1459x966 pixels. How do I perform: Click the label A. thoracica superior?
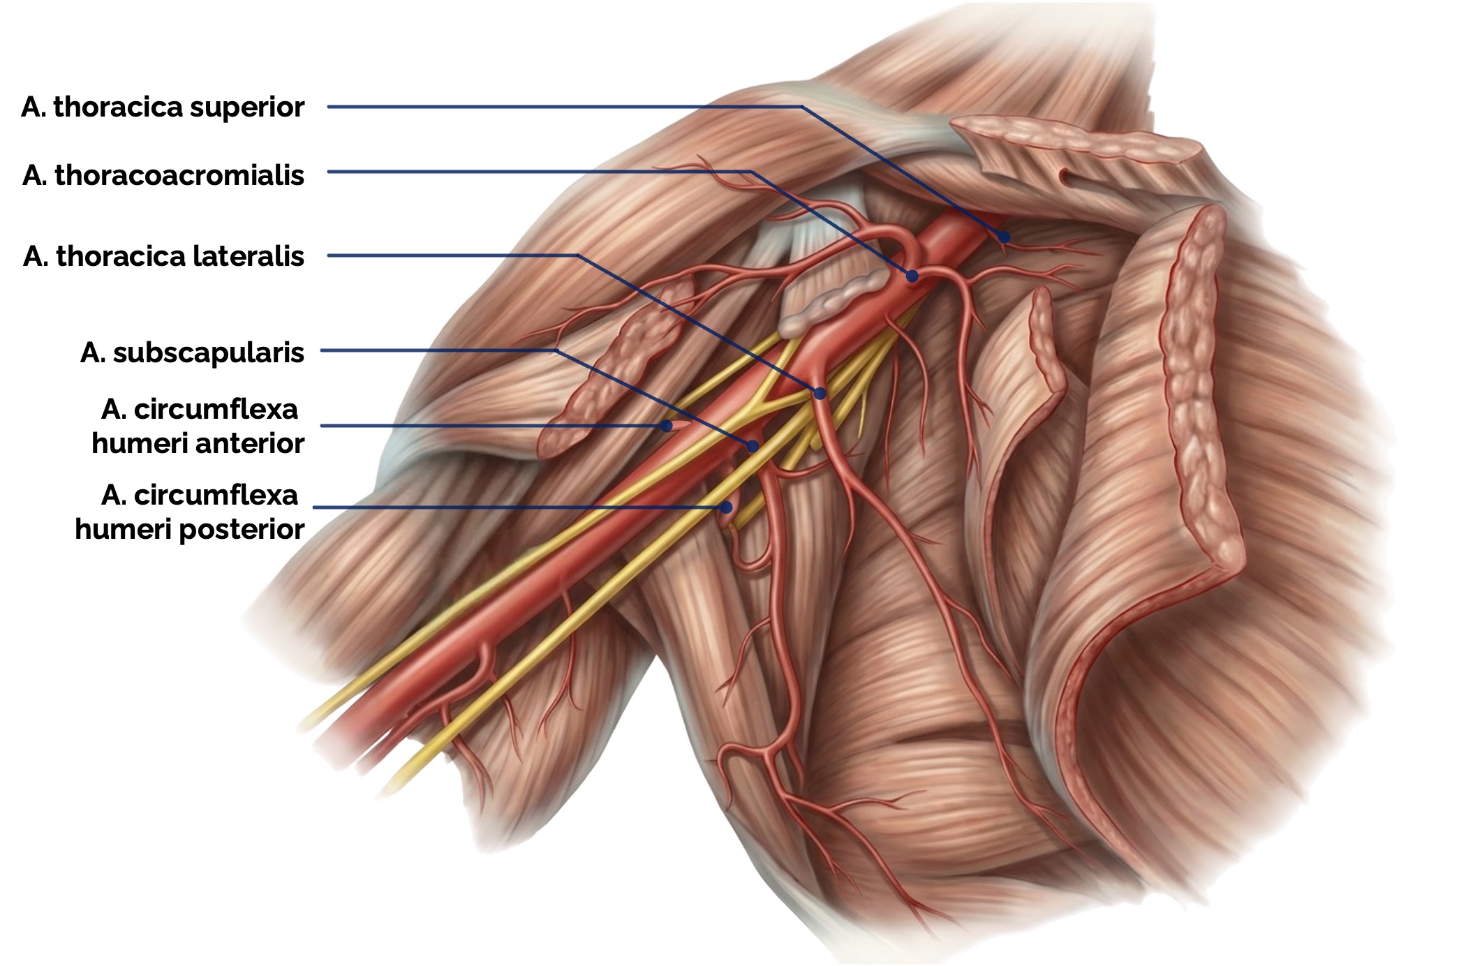[163, 107]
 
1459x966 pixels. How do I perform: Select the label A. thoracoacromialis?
[163, 174]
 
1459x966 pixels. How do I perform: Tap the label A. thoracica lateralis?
[163, 256]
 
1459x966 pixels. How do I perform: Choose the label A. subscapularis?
[192, 352]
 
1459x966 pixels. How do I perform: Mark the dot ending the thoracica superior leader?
[1004, 237]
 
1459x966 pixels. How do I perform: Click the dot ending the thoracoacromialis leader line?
[912, 276]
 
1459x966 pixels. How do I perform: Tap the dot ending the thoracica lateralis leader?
[820, 394]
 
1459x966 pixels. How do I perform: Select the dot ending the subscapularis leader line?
[753, 446]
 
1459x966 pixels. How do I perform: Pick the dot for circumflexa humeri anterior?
[667, 425]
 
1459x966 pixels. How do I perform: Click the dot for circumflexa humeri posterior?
[726, 507]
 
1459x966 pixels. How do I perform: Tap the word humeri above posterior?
[124, 529]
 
